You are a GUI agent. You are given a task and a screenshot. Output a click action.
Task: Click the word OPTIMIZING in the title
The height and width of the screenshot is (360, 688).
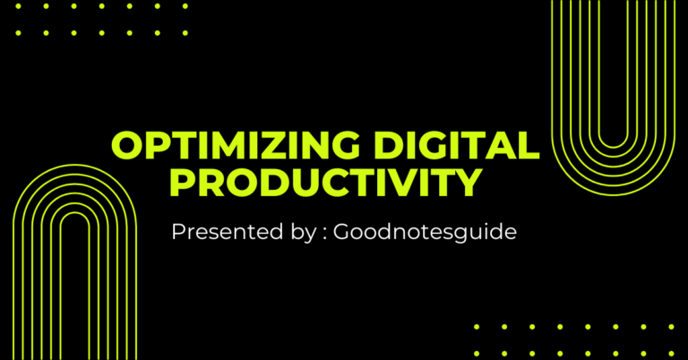point(229,145)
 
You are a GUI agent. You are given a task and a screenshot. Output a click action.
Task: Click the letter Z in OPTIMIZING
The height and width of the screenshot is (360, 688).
point(274,145)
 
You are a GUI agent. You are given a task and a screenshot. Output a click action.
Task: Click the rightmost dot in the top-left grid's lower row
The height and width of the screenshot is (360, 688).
point(186,32)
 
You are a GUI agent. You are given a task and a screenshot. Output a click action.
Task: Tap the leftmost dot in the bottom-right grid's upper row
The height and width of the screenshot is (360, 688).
point(477,327)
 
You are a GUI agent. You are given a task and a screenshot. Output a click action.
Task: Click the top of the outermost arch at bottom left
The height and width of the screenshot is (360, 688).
point(74,168)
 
